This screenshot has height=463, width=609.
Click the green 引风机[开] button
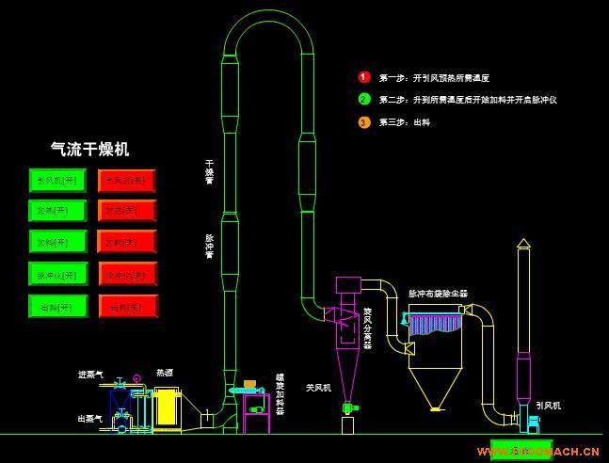(x=57, y=180)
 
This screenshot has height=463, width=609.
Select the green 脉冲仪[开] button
(x=57, y=275)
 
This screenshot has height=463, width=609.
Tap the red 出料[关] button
(x=127, y=306)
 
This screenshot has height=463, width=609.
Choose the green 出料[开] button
(x=57, y=306)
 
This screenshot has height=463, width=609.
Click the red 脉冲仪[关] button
(x=127, y=275)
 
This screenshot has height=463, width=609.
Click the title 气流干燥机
(x=89, y=149)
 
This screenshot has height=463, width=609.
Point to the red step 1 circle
(x=364, y=77)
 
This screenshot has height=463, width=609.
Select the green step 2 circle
(x=364, y=99)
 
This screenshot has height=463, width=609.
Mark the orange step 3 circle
(x=364, y=121)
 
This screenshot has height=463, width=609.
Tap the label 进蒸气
(x=90, y=375)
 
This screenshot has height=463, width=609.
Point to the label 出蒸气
(x=90, y=418)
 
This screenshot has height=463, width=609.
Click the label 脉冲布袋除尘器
(x=438, y=294)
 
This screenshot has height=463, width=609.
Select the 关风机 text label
(x=318, y=387)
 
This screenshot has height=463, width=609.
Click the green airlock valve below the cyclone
(x=349, y=407)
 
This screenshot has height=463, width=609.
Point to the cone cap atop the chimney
(x=523, y=243)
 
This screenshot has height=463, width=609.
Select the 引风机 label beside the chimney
(x=548, y=405)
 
